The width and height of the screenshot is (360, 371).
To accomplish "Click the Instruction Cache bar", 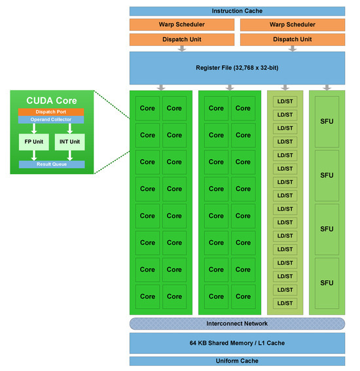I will pos(237,11).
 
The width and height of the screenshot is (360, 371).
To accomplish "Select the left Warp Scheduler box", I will pos(181,25).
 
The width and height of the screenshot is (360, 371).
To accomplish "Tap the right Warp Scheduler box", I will pos(292,25).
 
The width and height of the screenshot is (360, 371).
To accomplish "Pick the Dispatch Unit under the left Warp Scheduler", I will pos(181,39).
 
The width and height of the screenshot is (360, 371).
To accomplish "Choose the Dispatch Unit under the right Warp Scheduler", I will pos(292,39).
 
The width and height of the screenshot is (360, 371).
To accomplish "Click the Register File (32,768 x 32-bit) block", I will pos(237,68).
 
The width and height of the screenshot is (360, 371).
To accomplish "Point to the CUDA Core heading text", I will pos(51,101).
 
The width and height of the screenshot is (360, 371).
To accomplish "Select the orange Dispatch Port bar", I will pos(51,112).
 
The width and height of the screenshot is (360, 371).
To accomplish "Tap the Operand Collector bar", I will pos(51,120).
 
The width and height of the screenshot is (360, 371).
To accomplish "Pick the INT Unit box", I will pos(70,141).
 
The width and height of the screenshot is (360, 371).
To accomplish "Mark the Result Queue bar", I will pos(51,164).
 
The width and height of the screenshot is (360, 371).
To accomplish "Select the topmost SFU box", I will pos(327,122).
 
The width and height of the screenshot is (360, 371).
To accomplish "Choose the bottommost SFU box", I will pos(327,283).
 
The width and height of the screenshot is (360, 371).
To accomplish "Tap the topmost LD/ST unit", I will pos(285,101).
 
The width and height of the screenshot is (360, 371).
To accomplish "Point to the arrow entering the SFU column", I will pos(327,87).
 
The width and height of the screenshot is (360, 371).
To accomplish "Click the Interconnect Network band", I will pos(237,323).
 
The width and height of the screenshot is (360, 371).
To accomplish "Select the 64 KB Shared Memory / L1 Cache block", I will pos(237,343).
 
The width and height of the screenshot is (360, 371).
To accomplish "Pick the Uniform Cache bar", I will pos(237,361).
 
